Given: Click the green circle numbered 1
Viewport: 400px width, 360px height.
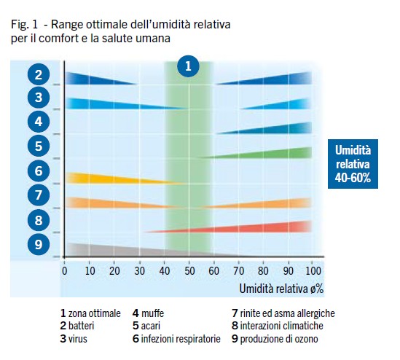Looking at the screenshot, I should [x=188, y=66].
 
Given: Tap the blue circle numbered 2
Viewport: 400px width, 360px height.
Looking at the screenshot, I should [x=39, y=74].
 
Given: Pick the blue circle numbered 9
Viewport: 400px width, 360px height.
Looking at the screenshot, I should [x=39, y=244].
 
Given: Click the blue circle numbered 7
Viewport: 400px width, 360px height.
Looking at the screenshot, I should [x=39, y=195].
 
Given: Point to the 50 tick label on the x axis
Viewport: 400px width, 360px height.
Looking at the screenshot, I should [x=188, y=271].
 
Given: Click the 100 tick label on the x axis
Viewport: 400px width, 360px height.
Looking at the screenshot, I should [x=311, y=271].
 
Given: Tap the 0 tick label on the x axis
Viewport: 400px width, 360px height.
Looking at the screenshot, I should [x=65, y=271].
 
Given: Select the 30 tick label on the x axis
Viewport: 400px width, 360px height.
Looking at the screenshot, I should [x=138, y=271].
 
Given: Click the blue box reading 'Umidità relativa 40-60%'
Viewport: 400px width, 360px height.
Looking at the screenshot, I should [x=353, y=163].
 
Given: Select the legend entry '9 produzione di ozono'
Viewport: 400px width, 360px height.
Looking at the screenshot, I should [x=275, y=339].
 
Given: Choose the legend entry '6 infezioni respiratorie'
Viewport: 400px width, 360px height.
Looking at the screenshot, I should [x=176, y=339].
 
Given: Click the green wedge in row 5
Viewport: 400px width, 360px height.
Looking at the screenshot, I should [x=277, y=154].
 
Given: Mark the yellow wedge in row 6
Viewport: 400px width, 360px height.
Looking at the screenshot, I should [x=102, y=178].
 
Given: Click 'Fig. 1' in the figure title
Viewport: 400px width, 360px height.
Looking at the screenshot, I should [x=24, y=25].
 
